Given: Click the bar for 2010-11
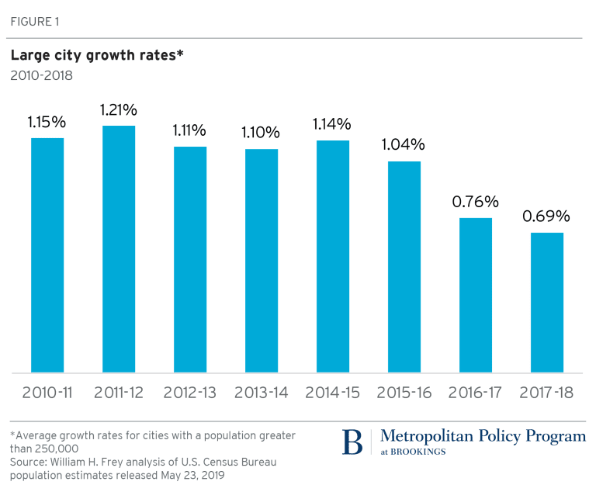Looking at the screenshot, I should (x=47, y=255).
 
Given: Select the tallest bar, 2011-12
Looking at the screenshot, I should (x=119, y=249).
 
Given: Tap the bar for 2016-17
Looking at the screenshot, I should (x=476, y=295).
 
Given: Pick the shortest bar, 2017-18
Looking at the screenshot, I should (x=547, y=303).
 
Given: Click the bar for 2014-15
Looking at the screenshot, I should (x=333, y=256).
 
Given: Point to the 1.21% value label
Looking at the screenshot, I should (x=119, y=110).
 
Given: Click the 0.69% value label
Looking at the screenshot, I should (x=547, y=217).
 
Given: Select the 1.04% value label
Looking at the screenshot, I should (x=404, y=144).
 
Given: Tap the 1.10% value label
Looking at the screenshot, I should (x=262, y=132).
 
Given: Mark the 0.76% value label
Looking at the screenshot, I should (x=475, y=202).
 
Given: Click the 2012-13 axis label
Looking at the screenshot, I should (x=190, y=393).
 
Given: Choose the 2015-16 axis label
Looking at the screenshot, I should (x=404, y=393).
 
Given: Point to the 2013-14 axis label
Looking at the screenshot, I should (x=262, y=393).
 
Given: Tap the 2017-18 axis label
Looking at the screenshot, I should (x=547, y=393).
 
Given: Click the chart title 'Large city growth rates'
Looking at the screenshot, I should (x=96, y=56).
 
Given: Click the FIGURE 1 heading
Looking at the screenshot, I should (x=34, y=20).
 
